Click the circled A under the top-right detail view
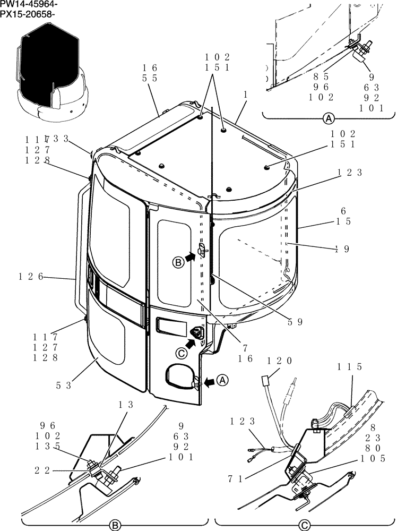coord(329,118)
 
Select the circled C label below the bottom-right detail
coord(304,525)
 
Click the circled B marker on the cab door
coord(179,261)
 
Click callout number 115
coord(350,366)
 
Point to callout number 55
coord(150,78)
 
